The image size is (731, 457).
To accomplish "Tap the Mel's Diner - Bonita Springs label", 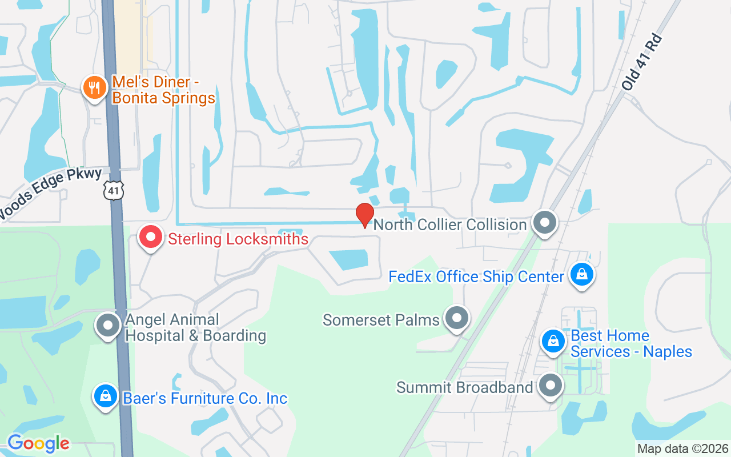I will tap(163, 90).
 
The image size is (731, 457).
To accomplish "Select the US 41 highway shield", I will tap(114, 190).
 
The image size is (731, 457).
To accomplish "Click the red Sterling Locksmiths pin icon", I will tap(151, 238).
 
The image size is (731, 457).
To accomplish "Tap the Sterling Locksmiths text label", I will tap(238, 239).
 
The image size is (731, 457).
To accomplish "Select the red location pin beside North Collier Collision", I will tap(364, 215).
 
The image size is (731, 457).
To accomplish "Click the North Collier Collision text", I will tap(449, 225).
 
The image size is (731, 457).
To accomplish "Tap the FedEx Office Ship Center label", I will tap(476, 277).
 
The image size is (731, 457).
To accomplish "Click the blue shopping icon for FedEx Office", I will tap(581, 275).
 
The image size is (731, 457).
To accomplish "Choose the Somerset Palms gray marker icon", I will tap(456, 318).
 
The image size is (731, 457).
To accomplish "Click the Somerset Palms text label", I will tap(381, 319).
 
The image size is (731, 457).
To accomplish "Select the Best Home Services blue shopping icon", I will tap(553, 341).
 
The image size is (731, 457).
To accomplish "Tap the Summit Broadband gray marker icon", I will tap(551, 386).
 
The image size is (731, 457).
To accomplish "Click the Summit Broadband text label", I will tap(464, 387).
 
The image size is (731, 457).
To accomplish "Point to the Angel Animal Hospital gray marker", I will tap(107, 325).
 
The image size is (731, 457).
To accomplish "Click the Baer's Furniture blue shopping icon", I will tap(106, 396).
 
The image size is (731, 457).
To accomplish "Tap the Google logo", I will tap(38, 443).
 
